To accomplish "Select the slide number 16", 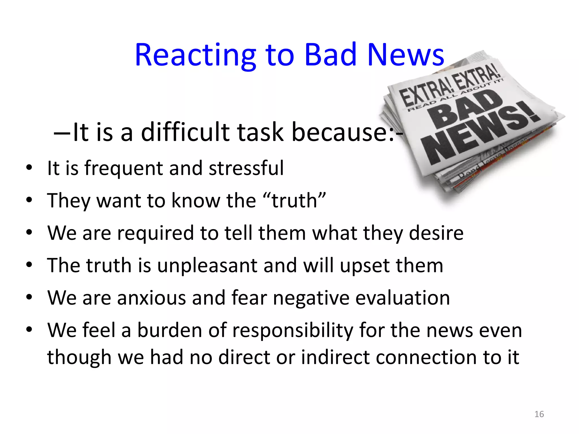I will coord(539,414).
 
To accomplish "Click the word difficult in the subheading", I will coord(185,132).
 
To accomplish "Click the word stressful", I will coord(246,168).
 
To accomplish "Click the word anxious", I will coord(152,298).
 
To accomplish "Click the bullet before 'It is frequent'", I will coord(29,168).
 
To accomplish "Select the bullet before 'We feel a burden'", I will coord(29,329).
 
